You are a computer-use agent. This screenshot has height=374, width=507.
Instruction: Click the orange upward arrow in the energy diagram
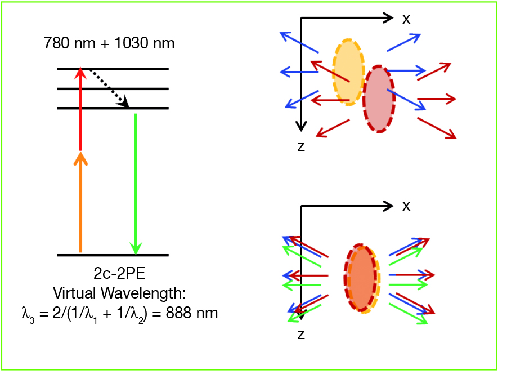click(80, 203)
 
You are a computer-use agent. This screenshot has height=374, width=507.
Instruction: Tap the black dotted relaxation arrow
click(109, 87)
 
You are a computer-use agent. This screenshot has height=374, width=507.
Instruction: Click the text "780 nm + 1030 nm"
click(109, 43)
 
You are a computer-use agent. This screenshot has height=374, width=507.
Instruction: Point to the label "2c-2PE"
click(119, 274)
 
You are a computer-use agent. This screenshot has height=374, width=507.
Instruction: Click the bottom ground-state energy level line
click(113, 255)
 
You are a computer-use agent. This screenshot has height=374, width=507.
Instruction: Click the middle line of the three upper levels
click(113, 88)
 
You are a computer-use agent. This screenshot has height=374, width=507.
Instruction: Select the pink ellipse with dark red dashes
click(379, 99)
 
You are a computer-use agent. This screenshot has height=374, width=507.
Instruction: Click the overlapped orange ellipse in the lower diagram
click(361, 278)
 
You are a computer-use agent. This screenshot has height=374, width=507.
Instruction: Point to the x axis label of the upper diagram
click(406, 19)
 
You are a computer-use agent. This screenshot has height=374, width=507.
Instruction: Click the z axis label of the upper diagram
click(301, 147)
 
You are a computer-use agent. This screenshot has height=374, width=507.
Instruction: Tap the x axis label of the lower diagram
click(406, 206)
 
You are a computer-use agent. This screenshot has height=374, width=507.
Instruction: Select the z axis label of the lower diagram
click(301, 335)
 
